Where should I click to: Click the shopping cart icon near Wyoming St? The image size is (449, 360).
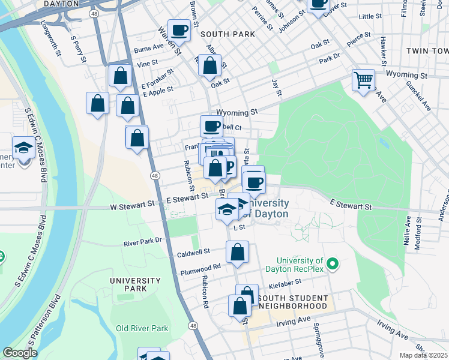tap(364, 79)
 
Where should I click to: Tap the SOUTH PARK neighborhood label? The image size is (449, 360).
tap(228, 34)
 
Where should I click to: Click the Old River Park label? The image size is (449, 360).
tap(142, 328)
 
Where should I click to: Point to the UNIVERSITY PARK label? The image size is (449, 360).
tap(135, 284)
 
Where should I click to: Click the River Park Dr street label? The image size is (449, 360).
tap(142, 241)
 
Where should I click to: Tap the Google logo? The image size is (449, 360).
tap(20, 353)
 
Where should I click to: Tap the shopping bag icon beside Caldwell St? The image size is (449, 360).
tap(237, 253)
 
